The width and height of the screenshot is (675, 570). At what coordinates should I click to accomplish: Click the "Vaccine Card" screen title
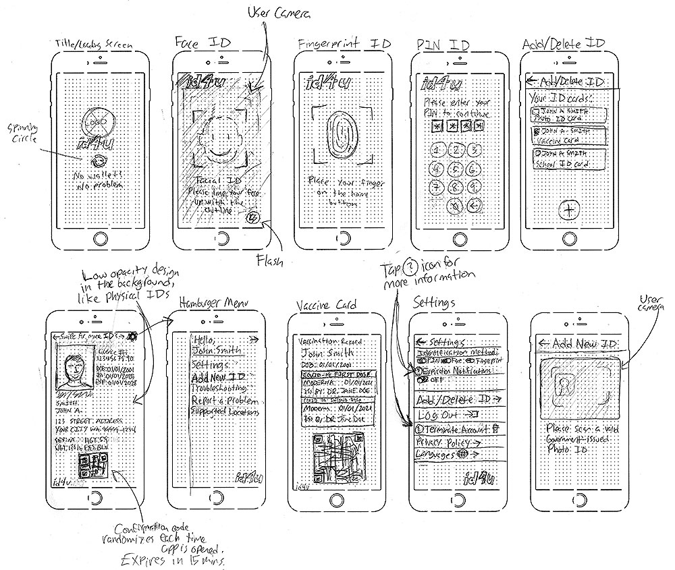329,306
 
